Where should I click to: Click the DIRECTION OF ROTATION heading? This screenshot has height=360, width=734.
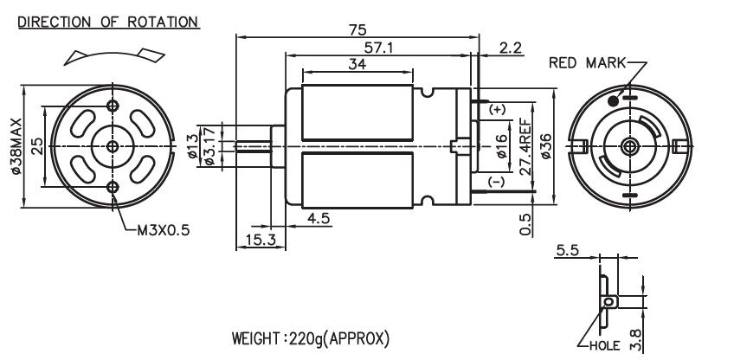point(101,21)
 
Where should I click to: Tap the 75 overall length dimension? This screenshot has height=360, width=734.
point(356,29)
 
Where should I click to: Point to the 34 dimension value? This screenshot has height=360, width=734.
point(356,65)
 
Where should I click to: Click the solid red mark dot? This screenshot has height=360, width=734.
point(613,101)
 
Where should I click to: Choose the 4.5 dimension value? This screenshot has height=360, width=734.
point(319,218)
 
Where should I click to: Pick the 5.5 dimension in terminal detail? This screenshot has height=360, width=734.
point(567,251)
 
